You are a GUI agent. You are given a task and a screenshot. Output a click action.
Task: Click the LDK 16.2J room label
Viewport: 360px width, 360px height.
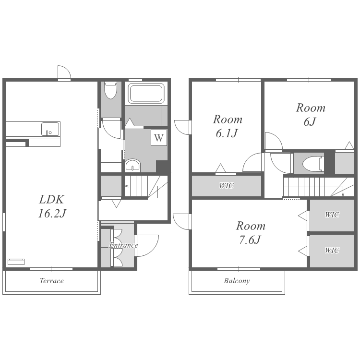point(52,206)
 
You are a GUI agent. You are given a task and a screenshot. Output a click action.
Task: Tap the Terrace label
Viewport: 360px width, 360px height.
point(52,281)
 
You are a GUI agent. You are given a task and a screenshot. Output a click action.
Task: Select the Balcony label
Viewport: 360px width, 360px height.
point(237,281)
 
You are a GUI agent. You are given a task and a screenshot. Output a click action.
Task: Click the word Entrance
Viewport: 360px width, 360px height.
point(123,245)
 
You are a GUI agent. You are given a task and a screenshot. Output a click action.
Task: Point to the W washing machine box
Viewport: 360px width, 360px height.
point(159,138)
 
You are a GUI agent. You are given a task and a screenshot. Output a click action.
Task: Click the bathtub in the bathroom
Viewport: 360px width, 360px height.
point(146,94)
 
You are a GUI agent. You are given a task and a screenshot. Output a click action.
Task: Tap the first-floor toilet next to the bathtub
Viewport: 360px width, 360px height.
point(111,90)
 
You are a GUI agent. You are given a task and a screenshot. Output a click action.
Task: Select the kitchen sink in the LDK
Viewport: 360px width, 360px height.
point(50,129)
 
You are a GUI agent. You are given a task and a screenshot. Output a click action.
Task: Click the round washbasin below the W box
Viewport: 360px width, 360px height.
point(132,165)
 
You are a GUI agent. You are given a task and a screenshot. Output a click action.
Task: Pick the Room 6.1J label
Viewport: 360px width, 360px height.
point(228,126)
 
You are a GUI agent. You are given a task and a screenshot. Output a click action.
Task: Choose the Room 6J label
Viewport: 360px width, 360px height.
point(311,115)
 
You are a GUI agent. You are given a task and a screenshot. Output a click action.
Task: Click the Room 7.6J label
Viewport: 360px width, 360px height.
point(251,233)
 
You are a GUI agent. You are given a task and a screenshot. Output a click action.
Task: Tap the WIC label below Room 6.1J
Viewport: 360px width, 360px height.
point(227,185)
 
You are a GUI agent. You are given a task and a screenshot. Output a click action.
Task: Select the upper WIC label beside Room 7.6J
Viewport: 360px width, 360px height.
point(332,215)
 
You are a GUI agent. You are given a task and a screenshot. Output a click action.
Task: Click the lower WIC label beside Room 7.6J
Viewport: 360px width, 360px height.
point(332,250)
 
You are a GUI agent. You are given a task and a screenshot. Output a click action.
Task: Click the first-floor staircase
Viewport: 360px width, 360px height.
point(146,186)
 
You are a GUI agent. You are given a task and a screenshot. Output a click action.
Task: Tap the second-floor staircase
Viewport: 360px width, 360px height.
point(319,187)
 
